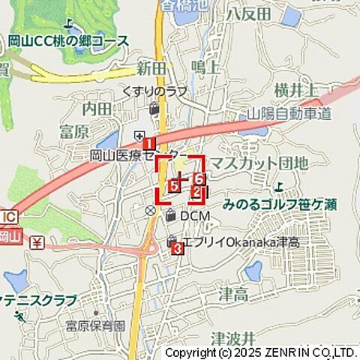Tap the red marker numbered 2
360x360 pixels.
pos(196,193)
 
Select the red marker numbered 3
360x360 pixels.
pos(178,249)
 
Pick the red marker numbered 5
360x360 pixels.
pos(174,185)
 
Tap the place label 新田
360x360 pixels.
pos(151,69)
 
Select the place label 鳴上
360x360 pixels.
pos(205,68)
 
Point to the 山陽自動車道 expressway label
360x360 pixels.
pos(289,114)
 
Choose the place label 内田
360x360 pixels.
pos(97,109)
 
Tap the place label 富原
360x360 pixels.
pos(74,133)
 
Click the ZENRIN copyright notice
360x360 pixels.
pos(260,352)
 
